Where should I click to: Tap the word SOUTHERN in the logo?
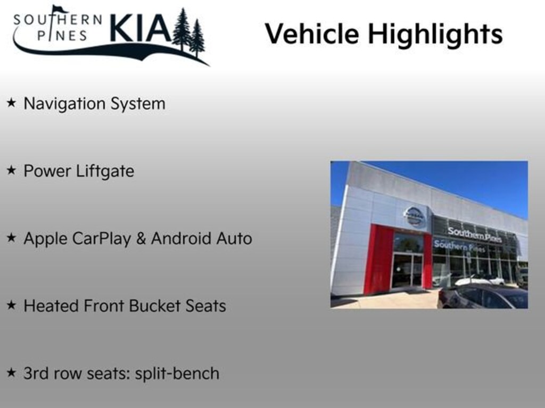coord(57,20)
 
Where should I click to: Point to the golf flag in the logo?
coord(59,9)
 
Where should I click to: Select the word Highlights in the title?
coord(435,35)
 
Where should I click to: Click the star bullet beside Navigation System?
coord(11,103)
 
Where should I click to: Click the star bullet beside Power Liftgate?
coord(11,171)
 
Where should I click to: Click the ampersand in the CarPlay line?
coord(141,239)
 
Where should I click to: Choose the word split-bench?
coord(177,373)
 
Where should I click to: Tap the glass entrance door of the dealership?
coord(407,270)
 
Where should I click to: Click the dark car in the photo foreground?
coord(482,297)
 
